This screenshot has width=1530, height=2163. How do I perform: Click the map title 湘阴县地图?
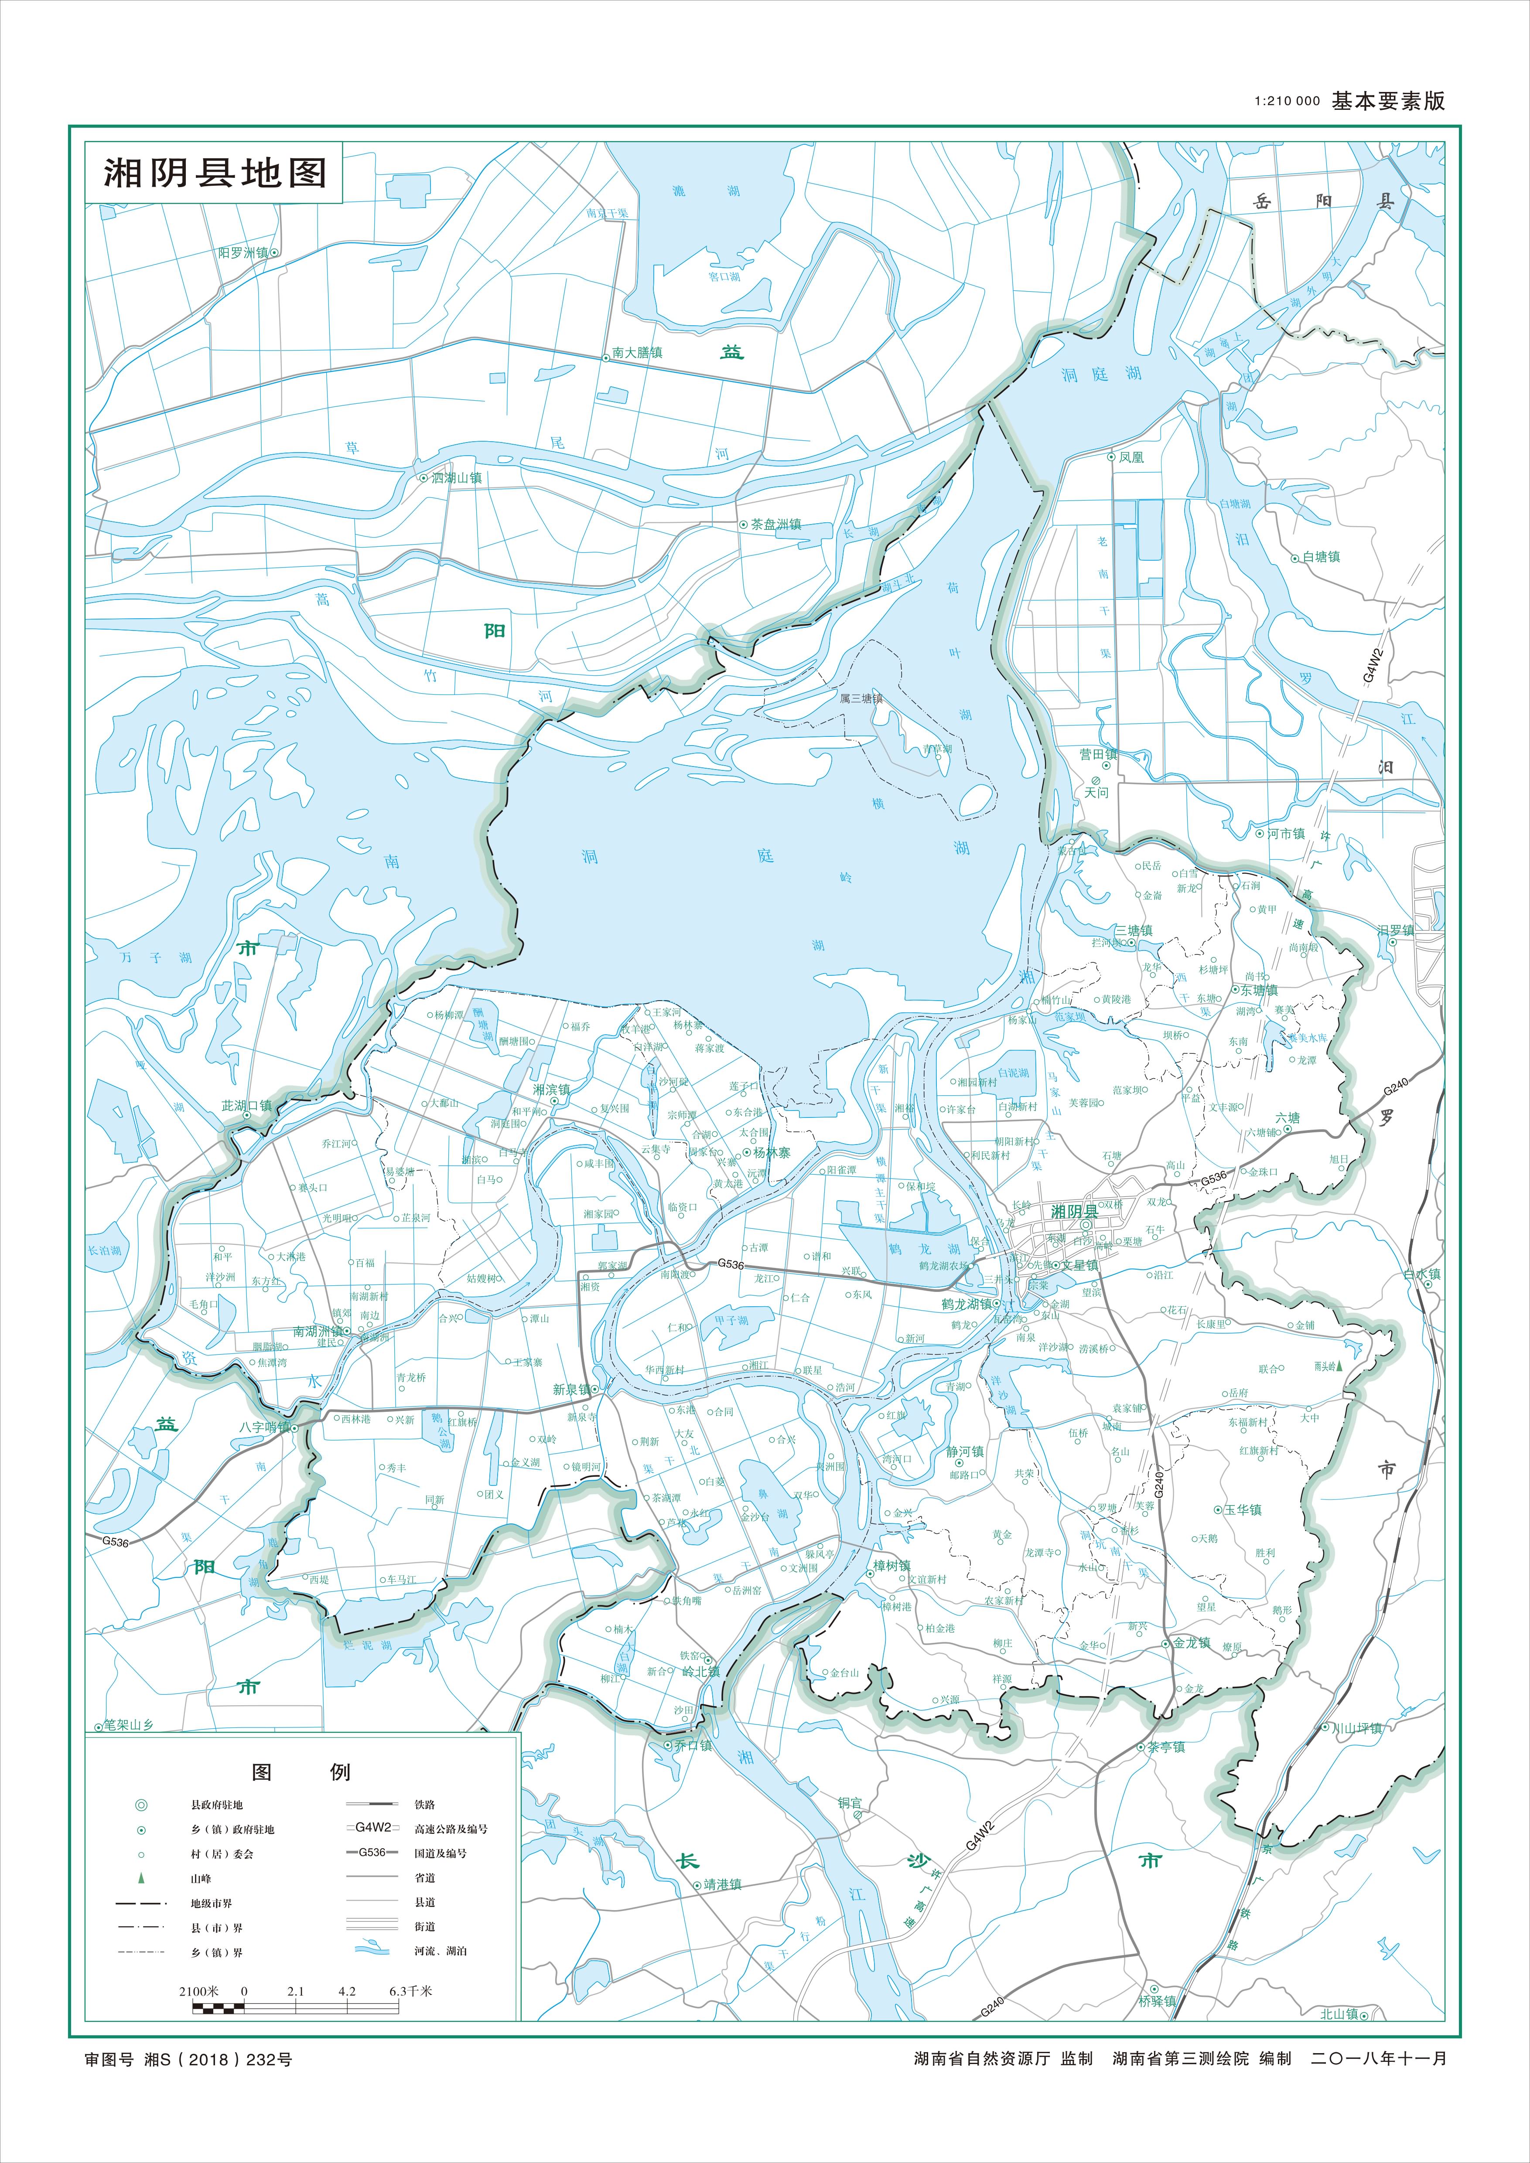tap(215, 172)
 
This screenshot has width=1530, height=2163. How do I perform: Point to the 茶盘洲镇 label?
tap(775, 525)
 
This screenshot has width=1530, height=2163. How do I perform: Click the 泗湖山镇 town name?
tap(456, 477)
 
